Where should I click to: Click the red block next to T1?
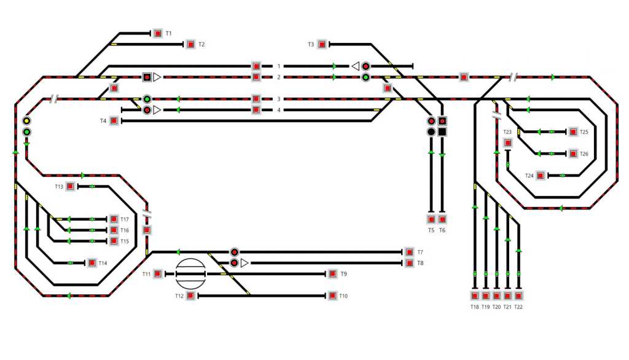coord(158,33)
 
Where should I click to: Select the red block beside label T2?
coord(191,44)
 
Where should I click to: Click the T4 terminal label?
coord(104,121)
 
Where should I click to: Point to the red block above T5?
coord(431,219)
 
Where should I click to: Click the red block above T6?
coord(442,219)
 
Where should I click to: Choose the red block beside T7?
coord(409,252)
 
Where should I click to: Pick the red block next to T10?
coord(332,296)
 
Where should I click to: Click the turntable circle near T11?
coord(189,273)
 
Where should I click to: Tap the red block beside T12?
coord(191,296)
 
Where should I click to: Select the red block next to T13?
coord(71,186)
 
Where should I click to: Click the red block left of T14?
coord(92,263)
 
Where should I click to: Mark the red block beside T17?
coord(114,219)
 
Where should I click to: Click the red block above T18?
coord(475,295)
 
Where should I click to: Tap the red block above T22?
coord(519,295)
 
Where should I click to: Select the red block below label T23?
coord(508,143)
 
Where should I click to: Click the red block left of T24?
coord(541,176)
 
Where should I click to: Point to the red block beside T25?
coord(573,131)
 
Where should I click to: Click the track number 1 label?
coord(279,66)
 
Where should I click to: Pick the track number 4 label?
coord(279,110)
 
